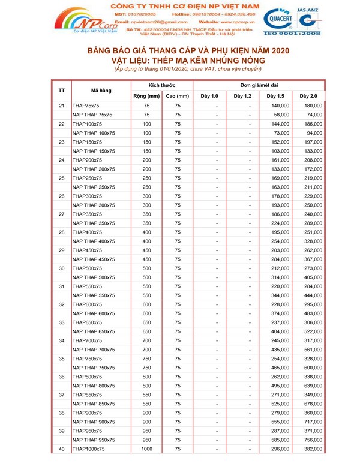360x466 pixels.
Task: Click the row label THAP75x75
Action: [85, 106]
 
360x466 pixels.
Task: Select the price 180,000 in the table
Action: [313, 106]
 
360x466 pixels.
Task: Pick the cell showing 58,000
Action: [281, 115]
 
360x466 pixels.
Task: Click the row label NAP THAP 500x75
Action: [93, 277]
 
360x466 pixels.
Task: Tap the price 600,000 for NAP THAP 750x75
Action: [313, 368]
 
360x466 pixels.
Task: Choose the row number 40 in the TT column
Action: [62, 449]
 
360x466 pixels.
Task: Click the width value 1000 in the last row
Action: [146, 449]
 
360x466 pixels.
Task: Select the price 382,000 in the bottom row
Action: [313, 449]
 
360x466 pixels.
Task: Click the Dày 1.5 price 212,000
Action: [280, 268]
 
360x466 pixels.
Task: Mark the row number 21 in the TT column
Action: [62, 106]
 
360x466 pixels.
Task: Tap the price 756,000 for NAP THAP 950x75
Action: [313, 440]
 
